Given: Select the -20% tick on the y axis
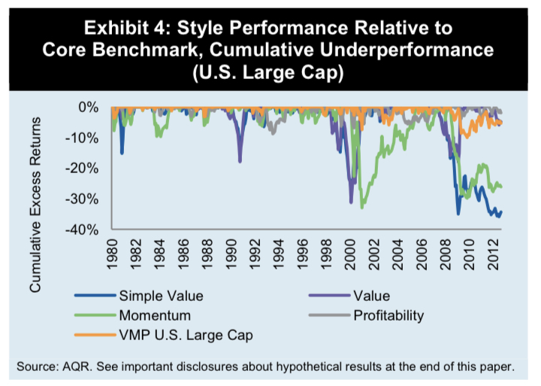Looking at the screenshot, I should pos(85,169).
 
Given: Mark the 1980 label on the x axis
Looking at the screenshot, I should pos(113,253).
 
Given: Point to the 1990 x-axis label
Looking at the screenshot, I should pos(233,253).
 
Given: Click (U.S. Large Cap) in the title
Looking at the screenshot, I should pos(270,72).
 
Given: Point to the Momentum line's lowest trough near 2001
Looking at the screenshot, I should pos(362,208).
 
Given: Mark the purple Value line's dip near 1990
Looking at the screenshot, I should pos(240,161).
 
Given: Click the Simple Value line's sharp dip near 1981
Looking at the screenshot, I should pos(122,153).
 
